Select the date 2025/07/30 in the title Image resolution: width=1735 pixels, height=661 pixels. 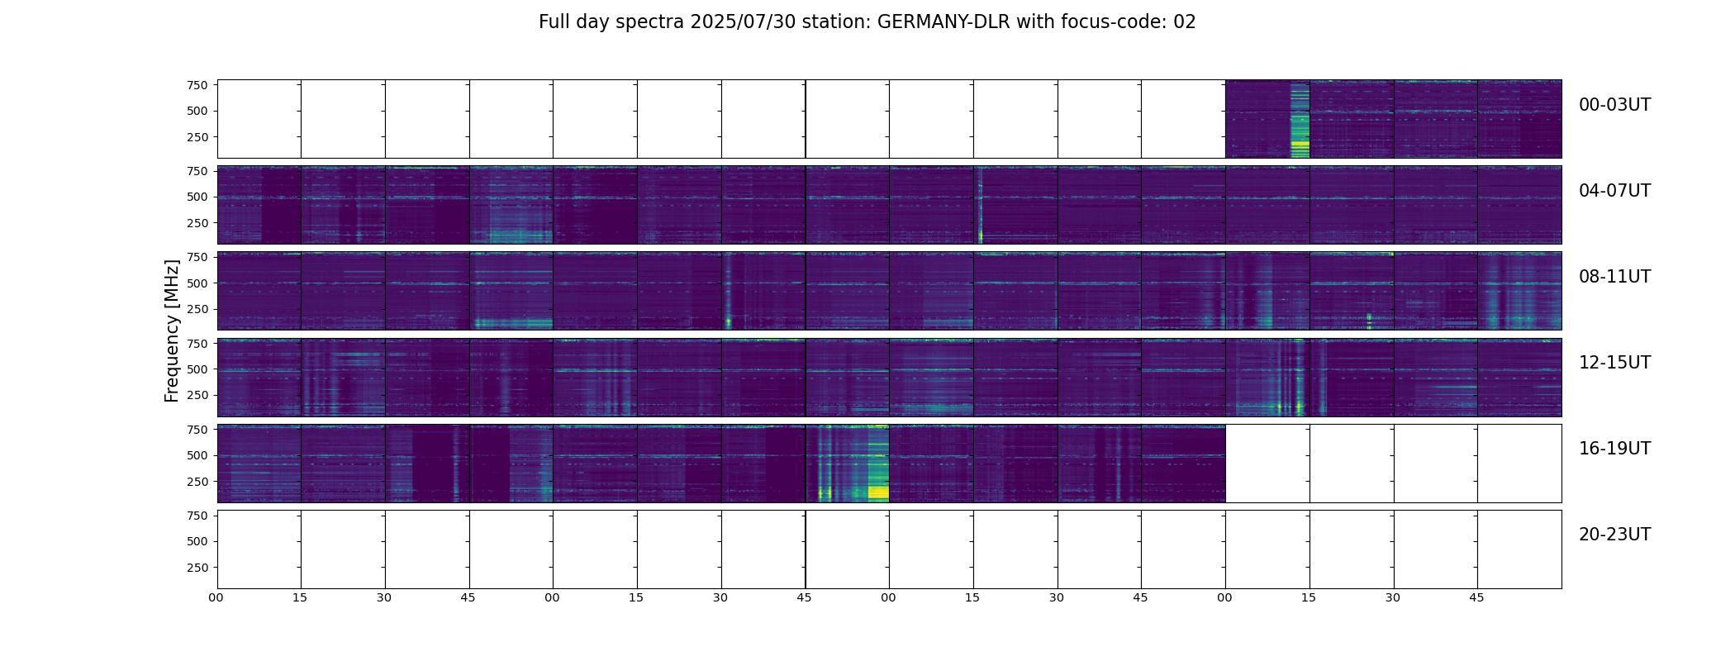click(x=743, y=22)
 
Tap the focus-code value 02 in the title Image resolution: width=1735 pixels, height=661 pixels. click(x=1185, y=22)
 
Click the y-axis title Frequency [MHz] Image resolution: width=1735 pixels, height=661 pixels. click(x=172, y=330)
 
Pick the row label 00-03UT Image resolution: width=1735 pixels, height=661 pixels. click(x=1614, y=105)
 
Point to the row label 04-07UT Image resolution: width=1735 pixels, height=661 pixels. click(x=1614, y=191)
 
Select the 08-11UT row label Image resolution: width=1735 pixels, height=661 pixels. click(x=1614, y=277)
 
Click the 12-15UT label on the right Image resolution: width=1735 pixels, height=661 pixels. click(x=1614, y=363)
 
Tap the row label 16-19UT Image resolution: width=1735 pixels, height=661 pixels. click(x=1614, y=449)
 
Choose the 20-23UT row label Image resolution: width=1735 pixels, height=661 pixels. click(x=1614, y=535)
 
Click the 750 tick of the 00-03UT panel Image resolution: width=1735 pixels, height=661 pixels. click(x=197, y=85)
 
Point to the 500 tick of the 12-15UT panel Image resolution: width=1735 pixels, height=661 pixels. click(x=197, y=369)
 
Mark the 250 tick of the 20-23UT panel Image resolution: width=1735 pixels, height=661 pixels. click(x=197, y=568)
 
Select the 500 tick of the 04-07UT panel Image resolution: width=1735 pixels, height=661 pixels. click(x=197, y=197)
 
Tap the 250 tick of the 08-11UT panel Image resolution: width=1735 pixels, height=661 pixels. click(x=197, y=310)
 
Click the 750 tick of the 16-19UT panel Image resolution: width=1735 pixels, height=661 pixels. click(x=197, y=430)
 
